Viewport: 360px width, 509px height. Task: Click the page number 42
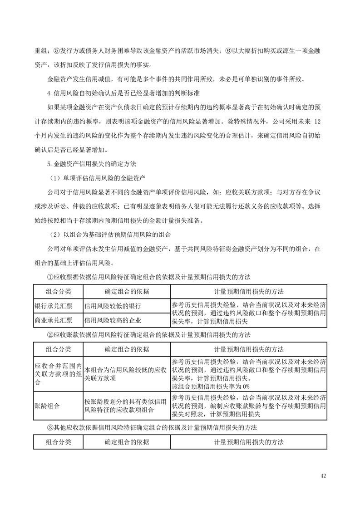point(323,476)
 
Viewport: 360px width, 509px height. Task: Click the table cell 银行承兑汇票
point(53,306)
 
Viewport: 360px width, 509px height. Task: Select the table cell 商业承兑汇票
point(53,320)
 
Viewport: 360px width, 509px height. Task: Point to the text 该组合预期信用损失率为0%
point(211,386)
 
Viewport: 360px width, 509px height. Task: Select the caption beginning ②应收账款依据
point(149,335)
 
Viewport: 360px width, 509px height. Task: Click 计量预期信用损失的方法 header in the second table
point(249,349)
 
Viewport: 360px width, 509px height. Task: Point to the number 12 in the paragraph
point(318,122)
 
